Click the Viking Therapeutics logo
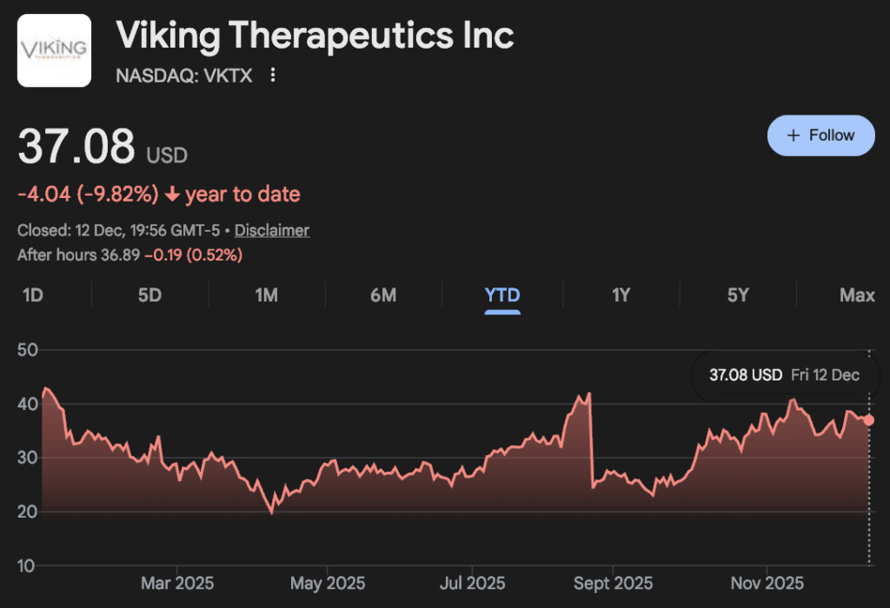coord(54,50)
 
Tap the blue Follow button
coord(820,135)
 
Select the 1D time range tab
coord(32,295)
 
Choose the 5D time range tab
coord(149,295)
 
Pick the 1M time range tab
coord(266,295)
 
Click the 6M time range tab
coord(383,295)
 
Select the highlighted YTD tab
coord(502,295)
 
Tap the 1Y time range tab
coord(621,295)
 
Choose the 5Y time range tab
coord(738,295)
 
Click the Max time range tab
coord(857,295)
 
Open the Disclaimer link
coord(272,230)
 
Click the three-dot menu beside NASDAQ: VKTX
coord(273,76)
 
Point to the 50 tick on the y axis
coord(29,350)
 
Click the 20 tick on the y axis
coord(29,512)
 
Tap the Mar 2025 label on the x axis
coord(177,583)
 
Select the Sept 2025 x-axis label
coord(613,583)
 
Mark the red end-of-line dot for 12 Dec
coord(869,420)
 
